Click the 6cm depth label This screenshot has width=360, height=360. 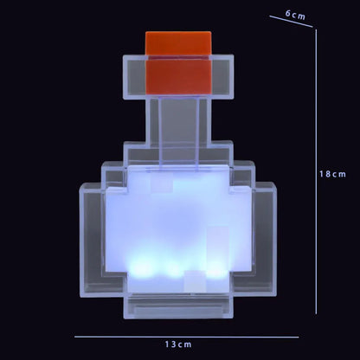[x=295, y=15]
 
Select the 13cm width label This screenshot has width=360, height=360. [x=180, y=344]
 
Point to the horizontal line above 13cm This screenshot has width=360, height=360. [x=185, y=335]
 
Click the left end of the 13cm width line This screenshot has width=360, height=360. [x=75, y=335]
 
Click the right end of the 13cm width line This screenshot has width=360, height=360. [x=297, y=335]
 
